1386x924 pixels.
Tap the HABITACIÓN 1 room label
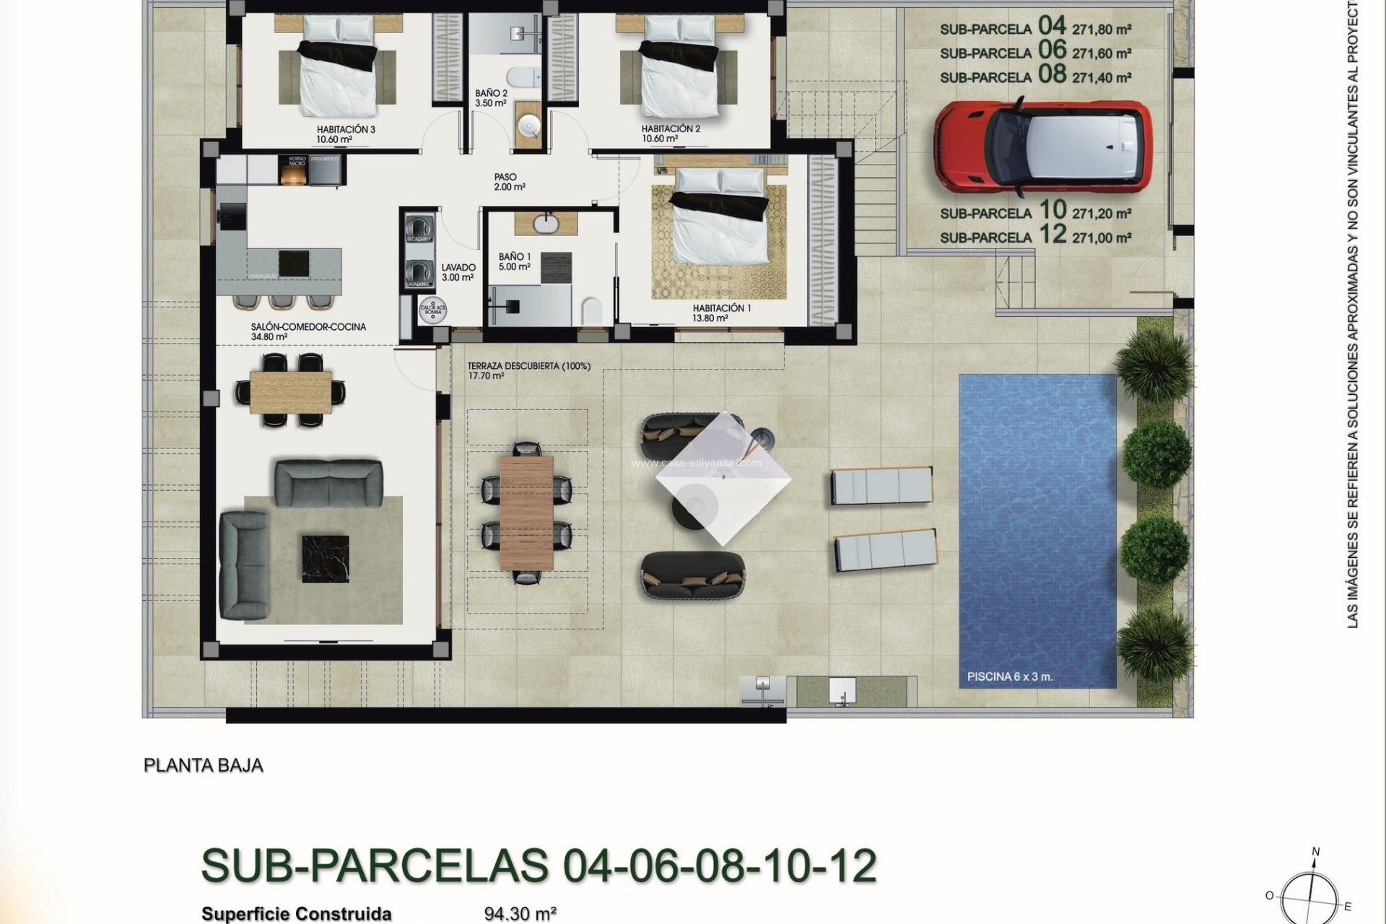tap(721, 308)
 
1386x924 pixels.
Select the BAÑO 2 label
tap(491, 94)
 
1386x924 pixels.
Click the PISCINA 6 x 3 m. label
tap(1009, 678)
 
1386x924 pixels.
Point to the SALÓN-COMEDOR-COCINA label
tap(308, 327)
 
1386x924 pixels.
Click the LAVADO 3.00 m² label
tap(458, 272)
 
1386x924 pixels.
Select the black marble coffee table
tap(325, 558)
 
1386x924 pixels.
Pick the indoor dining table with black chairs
tap(291, 391)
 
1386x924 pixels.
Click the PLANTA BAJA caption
tap(204, 765)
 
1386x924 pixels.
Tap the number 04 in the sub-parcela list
tap(1052, 26)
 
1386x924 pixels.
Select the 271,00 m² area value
tap(1101, 237)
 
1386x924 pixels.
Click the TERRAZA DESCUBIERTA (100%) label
tap(528, 366)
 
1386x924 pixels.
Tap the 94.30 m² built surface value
tap(520, 914)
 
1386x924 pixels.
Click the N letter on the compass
tap(1315, 852)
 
